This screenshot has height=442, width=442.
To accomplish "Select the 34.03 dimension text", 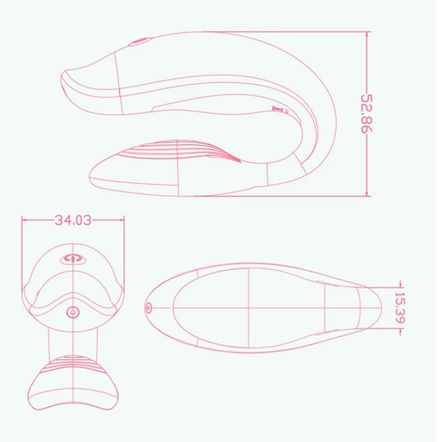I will pos(72,220).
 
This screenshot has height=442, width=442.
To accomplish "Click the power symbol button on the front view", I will pos(72,259).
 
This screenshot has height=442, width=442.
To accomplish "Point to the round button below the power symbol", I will pos(72,312).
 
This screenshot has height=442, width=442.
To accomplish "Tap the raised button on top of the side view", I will pos(140,42).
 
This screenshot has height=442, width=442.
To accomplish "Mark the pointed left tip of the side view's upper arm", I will pos(63,75).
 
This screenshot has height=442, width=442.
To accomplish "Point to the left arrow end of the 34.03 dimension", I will pos(23,220).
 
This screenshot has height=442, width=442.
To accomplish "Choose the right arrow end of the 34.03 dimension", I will pos(124,220).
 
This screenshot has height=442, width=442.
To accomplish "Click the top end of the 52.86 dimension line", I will pos(367,32).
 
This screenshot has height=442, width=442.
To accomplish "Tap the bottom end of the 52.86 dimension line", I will pos(367,195).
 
